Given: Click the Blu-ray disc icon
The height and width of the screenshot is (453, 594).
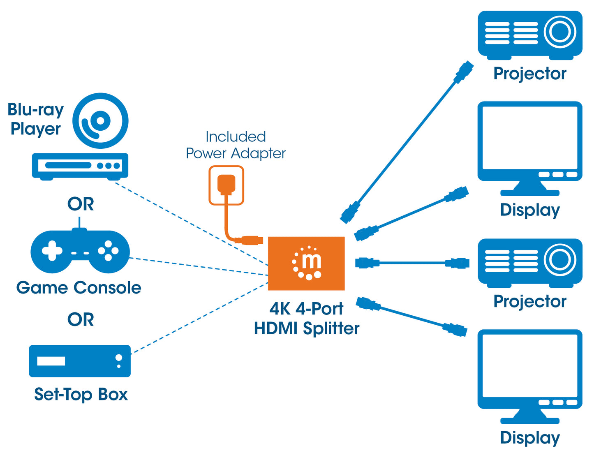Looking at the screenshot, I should coord(100,121).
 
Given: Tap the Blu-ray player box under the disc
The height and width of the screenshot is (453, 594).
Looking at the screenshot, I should coord(80,166).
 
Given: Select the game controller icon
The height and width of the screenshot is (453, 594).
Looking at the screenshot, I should coord(80,251).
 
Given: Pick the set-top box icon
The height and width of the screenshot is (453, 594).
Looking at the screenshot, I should coord(80,361).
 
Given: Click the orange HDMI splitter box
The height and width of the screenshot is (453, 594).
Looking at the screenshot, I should coord(306,263).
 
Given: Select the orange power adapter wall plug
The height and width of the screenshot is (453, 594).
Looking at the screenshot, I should coord(226,185).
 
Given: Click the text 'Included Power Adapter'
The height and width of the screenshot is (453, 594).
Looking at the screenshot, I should coord(236,145).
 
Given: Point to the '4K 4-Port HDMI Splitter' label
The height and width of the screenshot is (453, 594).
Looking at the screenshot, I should coord(306,319).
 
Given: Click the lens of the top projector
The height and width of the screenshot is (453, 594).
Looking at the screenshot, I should coord(560,32).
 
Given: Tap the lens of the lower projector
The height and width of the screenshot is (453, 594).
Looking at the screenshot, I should coord(560,259).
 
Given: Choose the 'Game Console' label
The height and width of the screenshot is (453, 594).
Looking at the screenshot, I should coord(79,288).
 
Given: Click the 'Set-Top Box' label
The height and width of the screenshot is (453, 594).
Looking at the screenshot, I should coord(81,394).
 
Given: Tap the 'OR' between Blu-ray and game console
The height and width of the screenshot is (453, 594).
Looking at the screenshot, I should coord(81,204).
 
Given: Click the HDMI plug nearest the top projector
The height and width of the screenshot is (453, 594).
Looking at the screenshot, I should coord(464,72).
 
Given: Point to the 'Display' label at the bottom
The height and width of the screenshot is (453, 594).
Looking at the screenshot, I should coord(530,437).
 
